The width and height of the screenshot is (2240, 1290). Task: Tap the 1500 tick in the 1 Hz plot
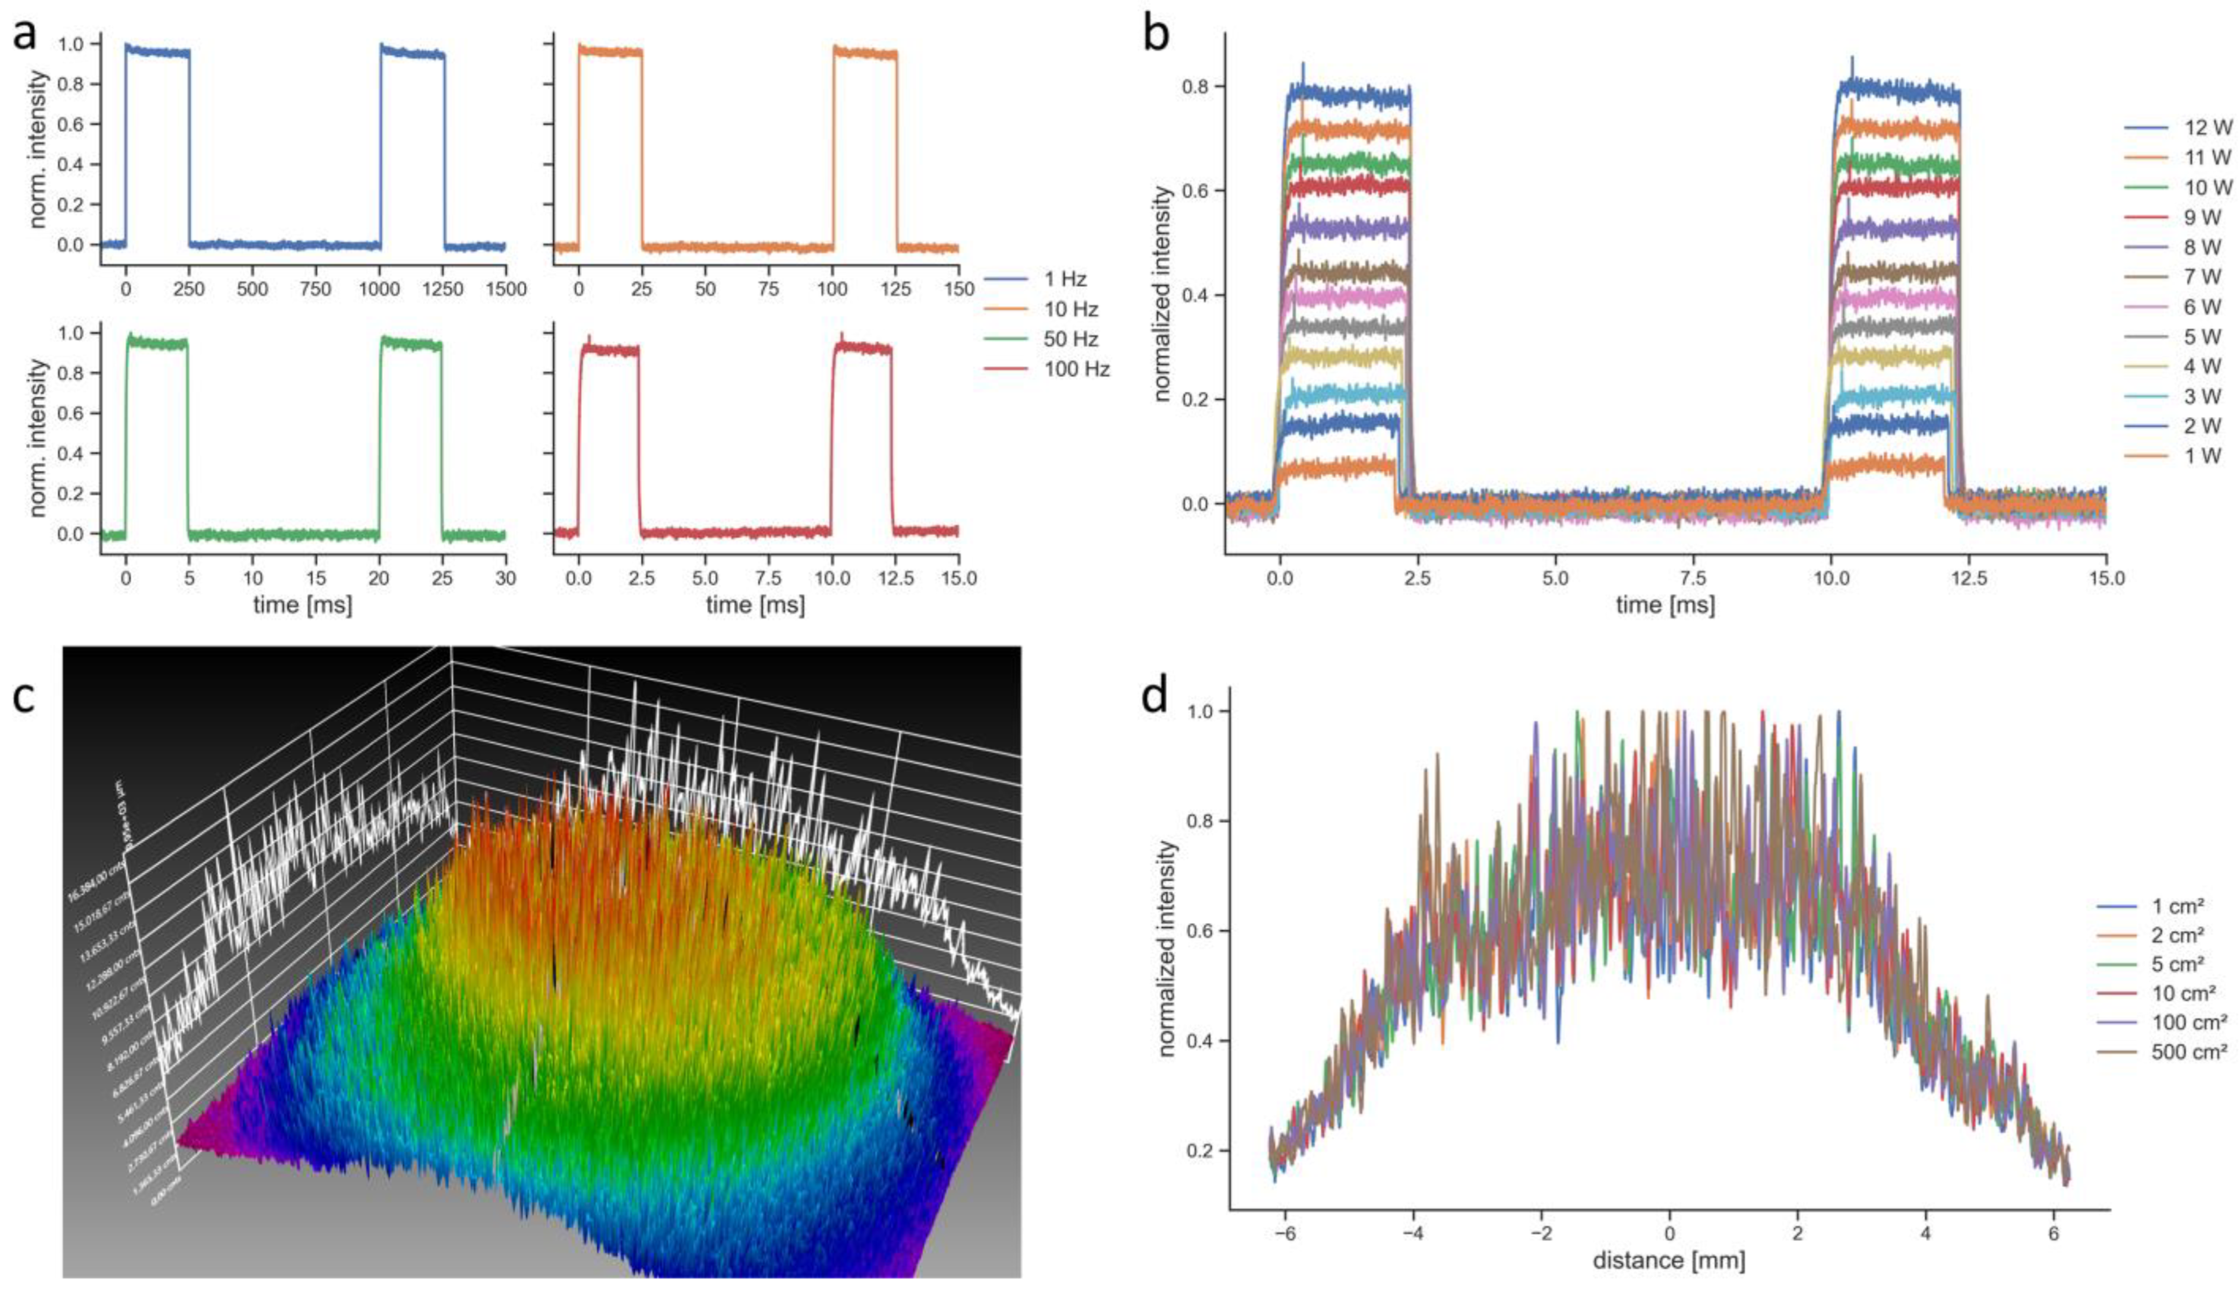506,290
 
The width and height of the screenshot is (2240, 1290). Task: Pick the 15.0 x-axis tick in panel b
2106,578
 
